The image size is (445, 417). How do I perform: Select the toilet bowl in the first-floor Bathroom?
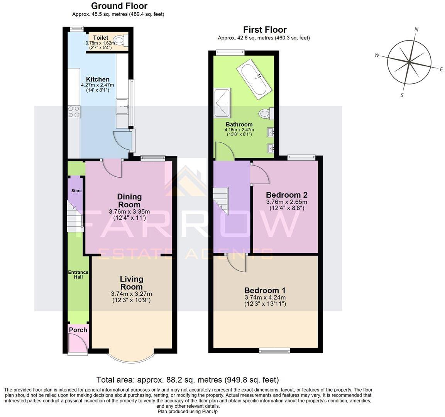265,114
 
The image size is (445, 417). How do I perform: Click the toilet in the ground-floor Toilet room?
120,40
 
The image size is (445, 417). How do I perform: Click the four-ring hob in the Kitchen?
74,112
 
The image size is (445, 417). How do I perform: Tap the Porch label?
78,330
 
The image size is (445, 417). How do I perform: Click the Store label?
76,191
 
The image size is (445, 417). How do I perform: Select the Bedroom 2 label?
286,194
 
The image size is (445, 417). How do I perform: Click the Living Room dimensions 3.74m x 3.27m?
131,293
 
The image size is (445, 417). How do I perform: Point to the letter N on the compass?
416,29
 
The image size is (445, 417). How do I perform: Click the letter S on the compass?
402,95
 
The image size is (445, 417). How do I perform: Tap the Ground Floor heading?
119,6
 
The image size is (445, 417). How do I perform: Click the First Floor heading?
265,30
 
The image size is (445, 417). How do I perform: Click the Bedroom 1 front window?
274,351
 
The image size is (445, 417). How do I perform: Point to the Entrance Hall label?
78,275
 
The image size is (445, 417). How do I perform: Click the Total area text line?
188,380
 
